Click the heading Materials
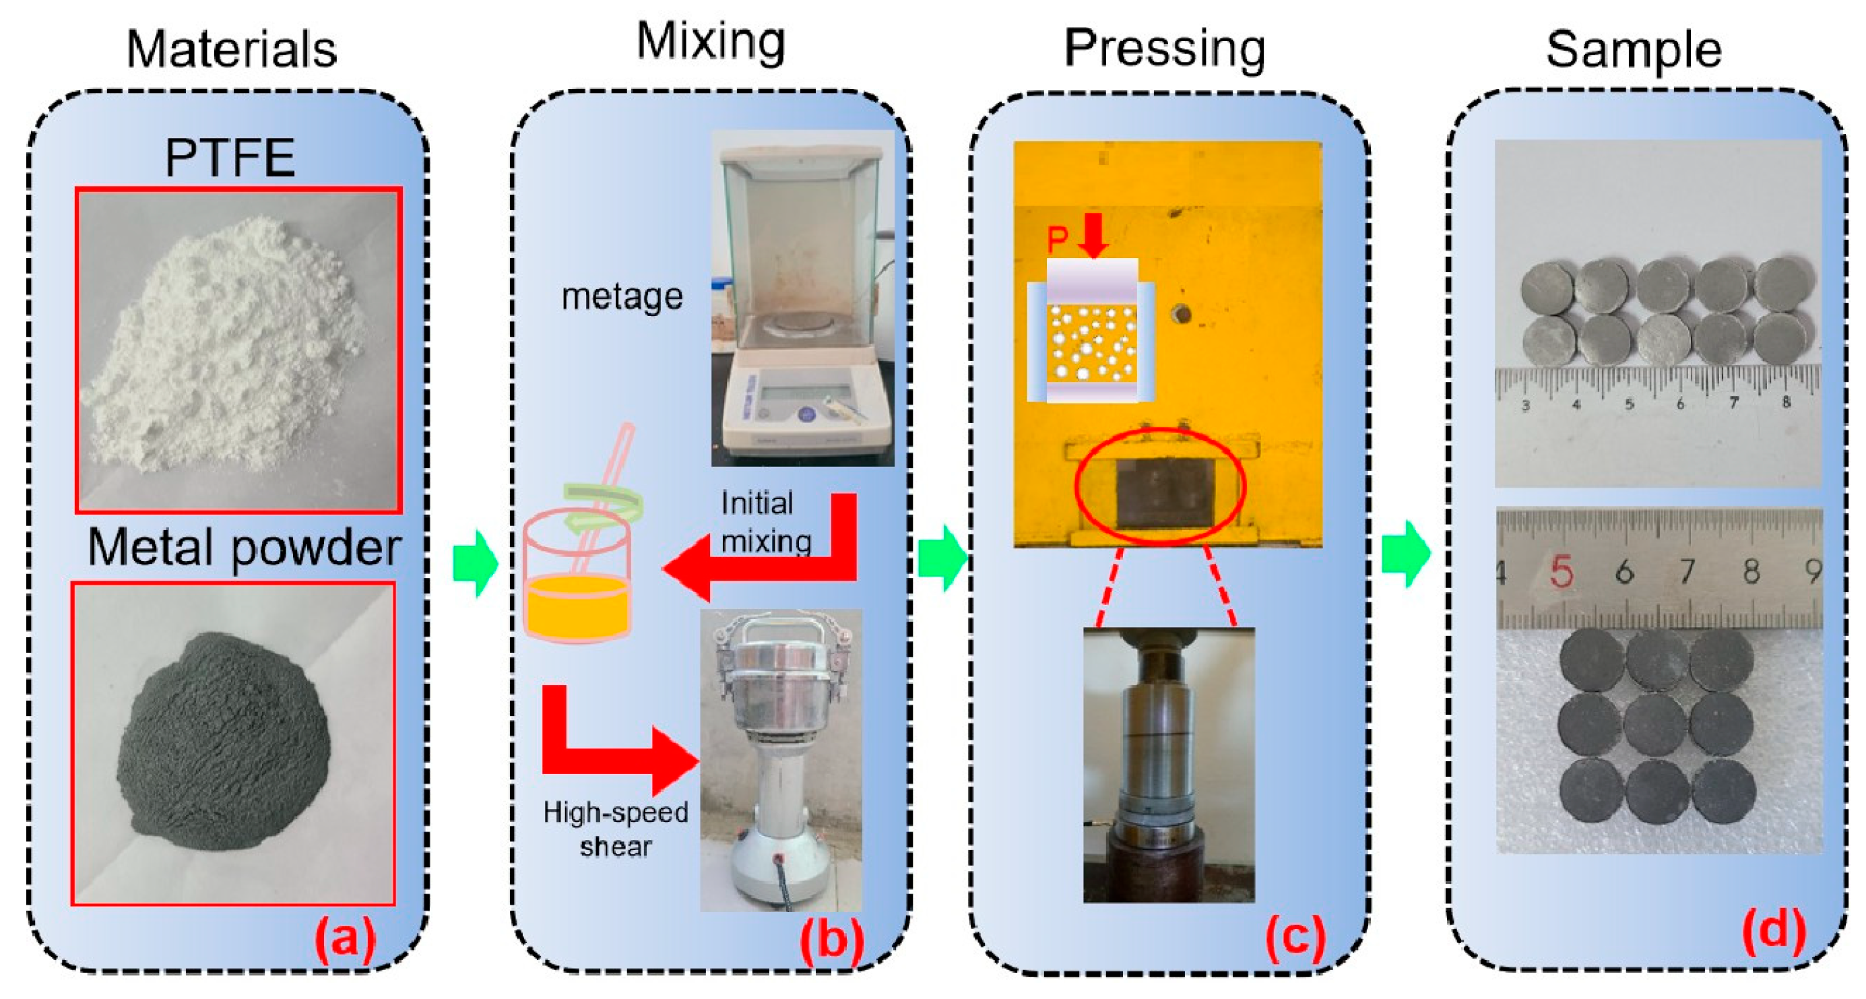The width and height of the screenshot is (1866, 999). [x=232, y=49]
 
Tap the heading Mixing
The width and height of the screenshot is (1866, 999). [x=711, y=41]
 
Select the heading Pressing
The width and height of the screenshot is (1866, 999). [x=1164, y=49]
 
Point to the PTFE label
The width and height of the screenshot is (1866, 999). [x=230, y=157]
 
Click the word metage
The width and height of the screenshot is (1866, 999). [x=622, y=296]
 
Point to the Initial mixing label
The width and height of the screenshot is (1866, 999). [x=765, y=522]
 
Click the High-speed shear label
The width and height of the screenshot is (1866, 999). [x=616, y=829]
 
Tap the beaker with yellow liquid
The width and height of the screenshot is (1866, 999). [x=577, y=579]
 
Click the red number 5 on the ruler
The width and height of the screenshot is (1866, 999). [x=1562, y=573]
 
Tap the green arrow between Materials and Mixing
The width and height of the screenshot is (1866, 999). [x=475, y=563]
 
